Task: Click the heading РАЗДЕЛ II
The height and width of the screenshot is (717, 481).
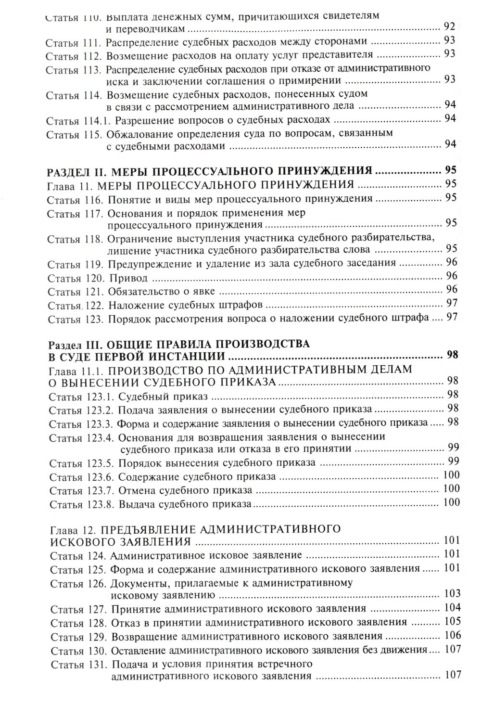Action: [x=77, y=170]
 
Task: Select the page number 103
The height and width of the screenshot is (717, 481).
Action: [x=453, y=593]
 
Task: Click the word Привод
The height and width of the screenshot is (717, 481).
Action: [x=128, y=278]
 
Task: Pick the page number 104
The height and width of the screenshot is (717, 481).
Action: [x=453, y=607]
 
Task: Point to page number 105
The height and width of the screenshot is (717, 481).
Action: [x=453, y=621]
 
